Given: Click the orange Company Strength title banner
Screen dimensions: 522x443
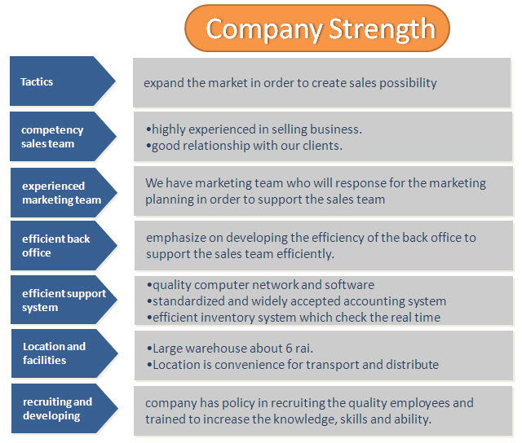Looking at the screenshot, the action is pyautogui.click(x=317, y=29).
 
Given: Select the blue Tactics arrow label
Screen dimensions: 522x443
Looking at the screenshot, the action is pyautogui.click(x=63, y=81).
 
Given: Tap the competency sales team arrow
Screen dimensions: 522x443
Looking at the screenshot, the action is pyautogui.click(x=63, y=136).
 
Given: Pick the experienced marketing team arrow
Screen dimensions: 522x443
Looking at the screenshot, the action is pyautogui.click(x=64, y=192).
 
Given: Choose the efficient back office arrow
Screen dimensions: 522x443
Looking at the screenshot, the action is pyautogui.click(x=64, y=246).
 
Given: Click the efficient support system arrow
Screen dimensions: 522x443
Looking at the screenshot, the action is pyautogui.click(x=64, y=300).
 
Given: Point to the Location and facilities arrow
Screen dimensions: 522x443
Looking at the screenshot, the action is pyautogui.click(x=64, y=353).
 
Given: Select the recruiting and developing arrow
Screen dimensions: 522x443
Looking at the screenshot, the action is pyautogui.click(x=64, y=409).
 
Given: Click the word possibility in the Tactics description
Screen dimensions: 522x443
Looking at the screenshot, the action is pyautogui.click(x=408, y=83).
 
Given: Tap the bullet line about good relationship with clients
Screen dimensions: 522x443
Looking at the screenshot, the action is pyautogui.click(x=244, y=146).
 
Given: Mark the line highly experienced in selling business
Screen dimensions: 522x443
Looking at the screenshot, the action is pyautogui.click(x=254, y=129).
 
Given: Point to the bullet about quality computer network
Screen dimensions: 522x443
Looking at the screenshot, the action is pyautogui.click(x=261, y=285).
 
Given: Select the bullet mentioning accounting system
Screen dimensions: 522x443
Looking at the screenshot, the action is pyautogui.click(x=296, y=301).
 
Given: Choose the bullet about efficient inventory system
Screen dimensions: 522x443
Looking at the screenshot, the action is pyautogui.click(x=294, y=318).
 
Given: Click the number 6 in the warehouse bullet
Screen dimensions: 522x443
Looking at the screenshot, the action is pyautogui.click(x=289, y=349).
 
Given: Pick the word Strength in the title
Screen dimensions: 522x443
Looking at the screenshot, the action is pyautogui.click(x=383, y=29).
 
